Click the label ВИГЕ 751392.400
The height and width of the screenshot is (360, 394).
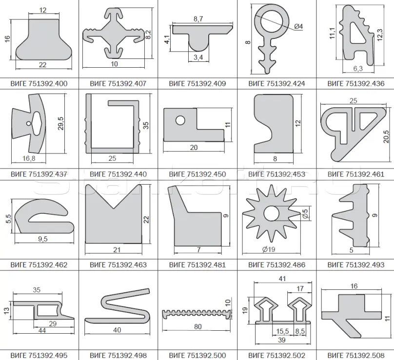click(39, 84)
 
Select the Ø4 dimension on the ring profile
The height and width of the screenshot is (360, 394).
click(298, 26)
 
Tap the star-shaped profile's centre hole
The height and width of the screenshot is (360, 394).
click(272, 214)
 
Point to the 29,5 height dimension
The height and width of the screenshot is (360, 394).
click(60, 123)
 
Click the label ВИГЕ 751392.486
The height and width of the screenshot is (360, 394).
click(276, 265)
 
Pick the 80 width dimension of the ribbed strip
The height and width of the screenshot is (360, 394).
click(198, 326)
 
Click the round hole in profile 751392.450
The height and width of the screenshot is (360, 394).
click(180, 120)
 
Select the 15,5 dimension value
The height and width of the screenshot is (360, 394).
click(282, 331)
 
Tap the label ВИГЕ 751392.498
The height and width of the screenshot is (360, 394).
click(118, 356)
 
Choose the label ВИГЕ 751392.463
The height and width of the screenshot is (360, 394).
click(118, 265)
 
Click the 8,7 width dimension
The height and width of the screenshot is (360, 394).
click(198, 19)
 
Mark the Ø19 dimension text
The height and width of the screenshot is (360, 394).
click(268, 249)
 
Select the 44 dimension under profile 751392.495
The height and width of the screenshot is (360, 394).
click(42, 330)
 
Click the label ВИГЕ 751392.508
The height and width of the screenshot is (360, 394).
click(356, 356)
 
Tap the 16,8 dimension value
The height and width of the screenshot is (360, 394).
click(29, 158)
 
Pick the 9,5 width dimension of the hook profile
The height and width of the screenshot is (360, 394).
click(43, 239)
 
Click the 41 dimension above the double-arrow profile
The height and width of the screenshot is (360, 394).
click(282, 279)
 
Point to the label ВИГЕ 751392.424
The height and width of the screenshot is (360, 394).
click(276, 84)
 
